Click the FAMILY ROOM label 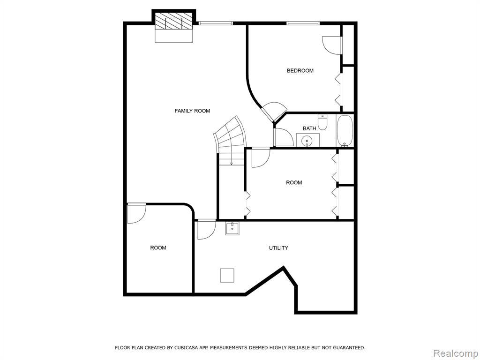[192, 111]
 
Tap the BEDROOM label [300, 71]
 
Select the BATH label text [309, 128]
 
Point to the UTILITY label [278, 248]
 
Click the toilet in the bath [322, 122]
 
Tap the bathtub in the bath [345, 131]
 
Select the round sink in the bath [307, 141]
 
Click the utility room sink [232, 229]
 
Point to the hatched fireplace [174, 21]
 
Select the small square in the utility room [227, 276]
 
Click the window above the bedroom [303, 23]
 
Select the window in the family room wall [215, 23]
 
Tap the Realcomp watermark [456, 353]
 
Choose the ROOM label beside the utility [158, 247]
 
